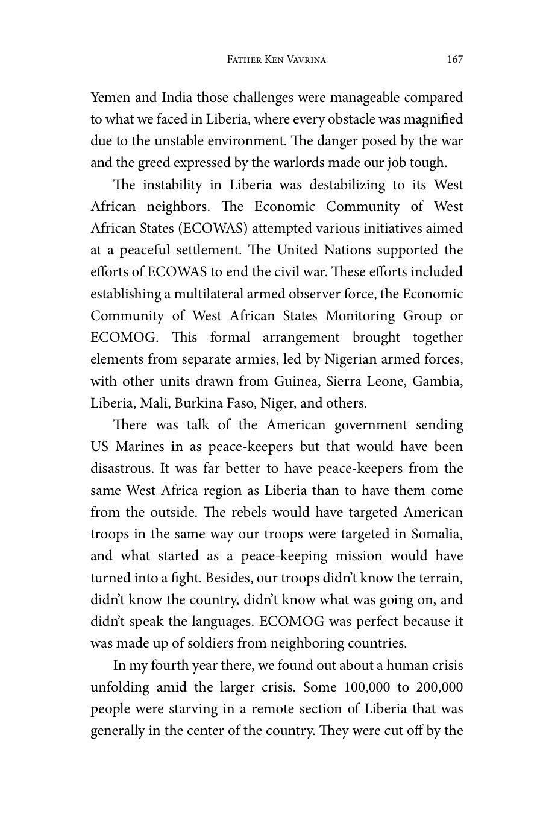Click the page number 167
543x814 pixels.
[455, 59]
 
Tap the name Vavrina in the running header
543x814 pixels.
[304, 60]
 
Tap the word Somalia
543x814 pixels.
[437, 534]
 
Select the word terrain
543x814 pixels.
[441, 578]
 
